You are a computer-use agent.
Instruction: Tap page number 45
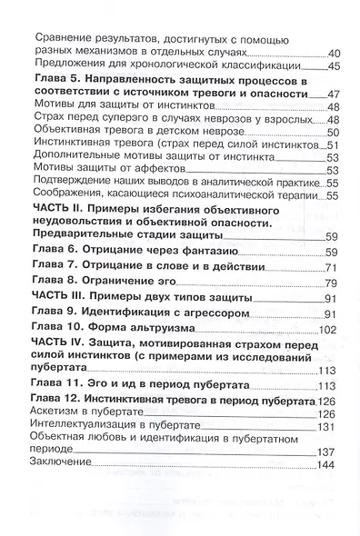click(x=333, y=68)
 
